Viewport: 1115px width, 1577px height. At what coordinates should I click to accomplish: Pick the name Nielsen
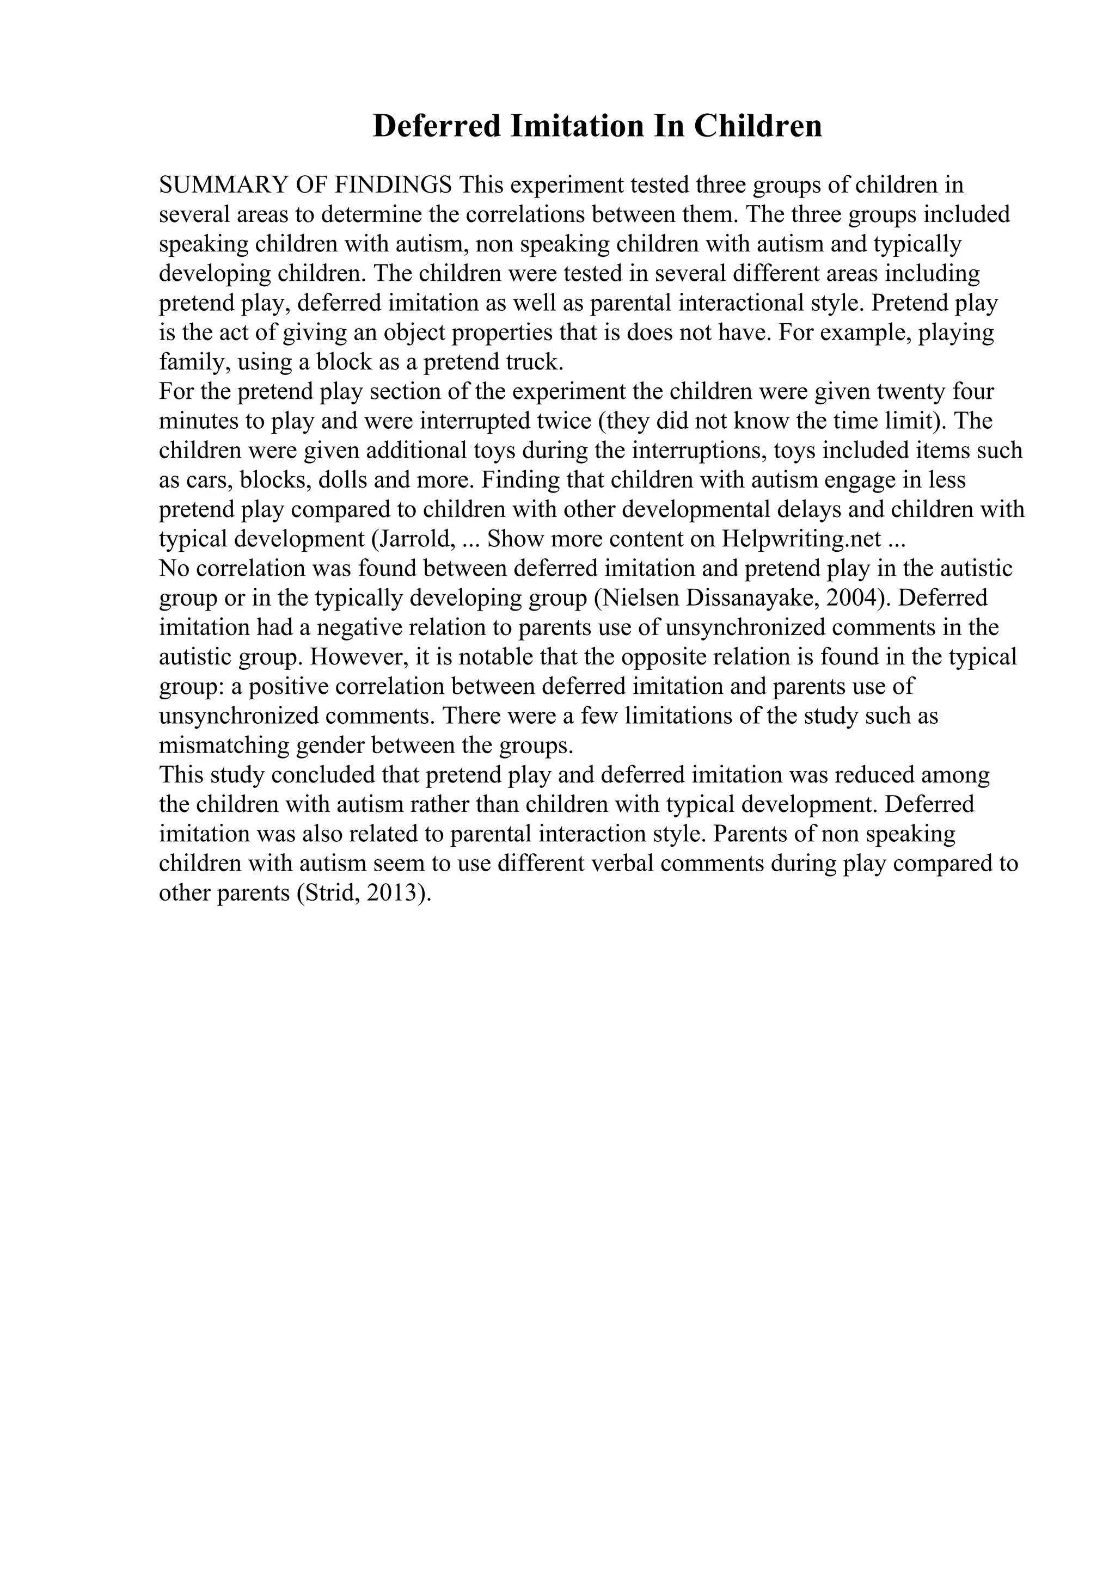coord(638,598)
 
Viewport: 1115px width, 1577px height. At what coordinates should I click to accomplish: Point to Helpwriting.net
coord(800,539)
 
